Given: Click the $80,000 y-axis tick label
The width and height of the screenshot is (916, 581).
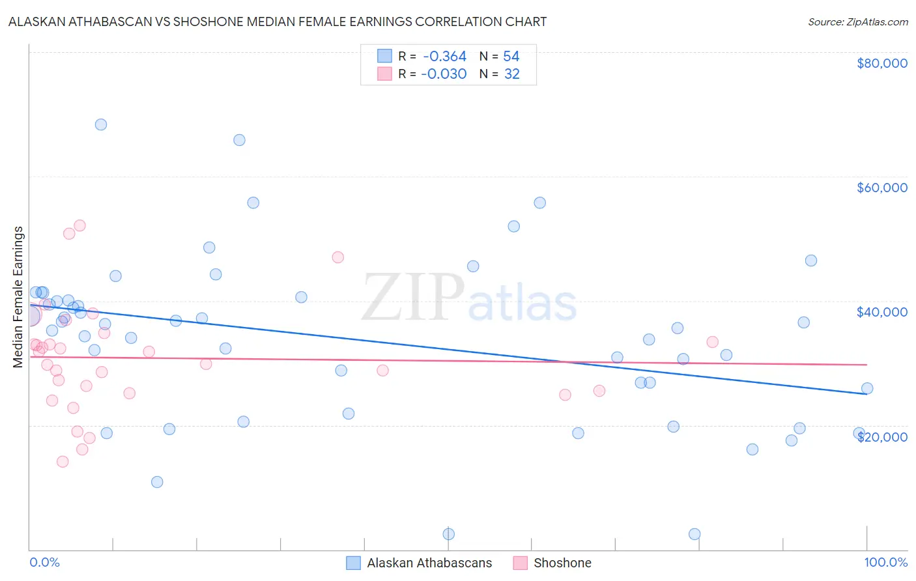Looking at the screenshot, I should [881, 63].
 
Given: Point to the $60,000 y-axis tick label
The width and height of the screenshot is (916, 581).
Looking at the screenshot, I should [881, 188].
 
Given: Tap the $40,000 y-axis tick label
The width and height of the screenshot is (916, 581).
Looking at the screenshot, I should [881, 312].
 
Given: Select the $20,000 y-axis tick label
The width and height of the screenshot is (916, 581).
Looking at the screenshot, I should [881, 436].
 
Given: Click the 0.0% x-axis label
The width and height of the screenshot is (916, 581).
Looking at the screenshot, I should [44, 562].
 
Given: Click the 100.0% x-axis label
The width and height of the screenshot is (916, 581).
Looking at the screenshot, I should [885, 562].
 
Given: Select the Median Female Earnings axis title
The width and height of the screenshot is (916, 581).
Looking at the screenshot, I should [18, 297].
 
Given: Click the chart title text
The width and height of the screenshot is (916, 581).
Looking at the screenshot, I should [278, 21].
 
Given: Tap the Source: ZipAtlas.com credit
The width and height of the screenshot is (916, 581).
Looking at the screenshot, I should [857, 21].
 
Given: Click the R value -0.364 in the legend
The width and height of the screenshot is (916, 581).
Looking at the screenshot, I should [444, 57].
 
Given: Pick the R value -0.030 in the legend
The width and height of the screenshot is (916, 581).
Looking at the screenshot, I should [444, 74].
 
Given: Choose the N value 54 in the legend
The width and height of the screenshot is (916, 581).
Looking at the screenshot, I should [511, 57].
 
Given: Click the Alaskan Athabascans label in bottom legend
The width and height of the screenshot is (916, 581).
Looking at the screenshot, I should [429, 563].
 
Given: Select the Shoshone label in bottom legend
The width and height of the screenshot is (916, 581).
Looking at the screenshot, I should [562, 563].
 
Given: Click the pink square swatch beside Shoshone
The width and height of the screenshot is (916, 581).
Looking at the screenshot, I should [520, 563].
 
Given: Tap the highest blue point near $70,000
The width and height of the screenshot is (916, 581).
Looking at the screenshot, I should [101, 124].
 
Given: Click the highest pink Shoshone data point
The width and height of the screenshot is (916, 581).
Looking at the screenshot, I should [80, 225].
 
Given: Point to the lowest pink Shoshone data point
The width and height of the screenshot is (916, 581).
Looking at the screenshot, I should [63, 462].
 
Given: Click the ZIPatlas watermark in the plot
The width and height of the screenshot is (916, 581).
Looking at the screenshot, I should [469, 298].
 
